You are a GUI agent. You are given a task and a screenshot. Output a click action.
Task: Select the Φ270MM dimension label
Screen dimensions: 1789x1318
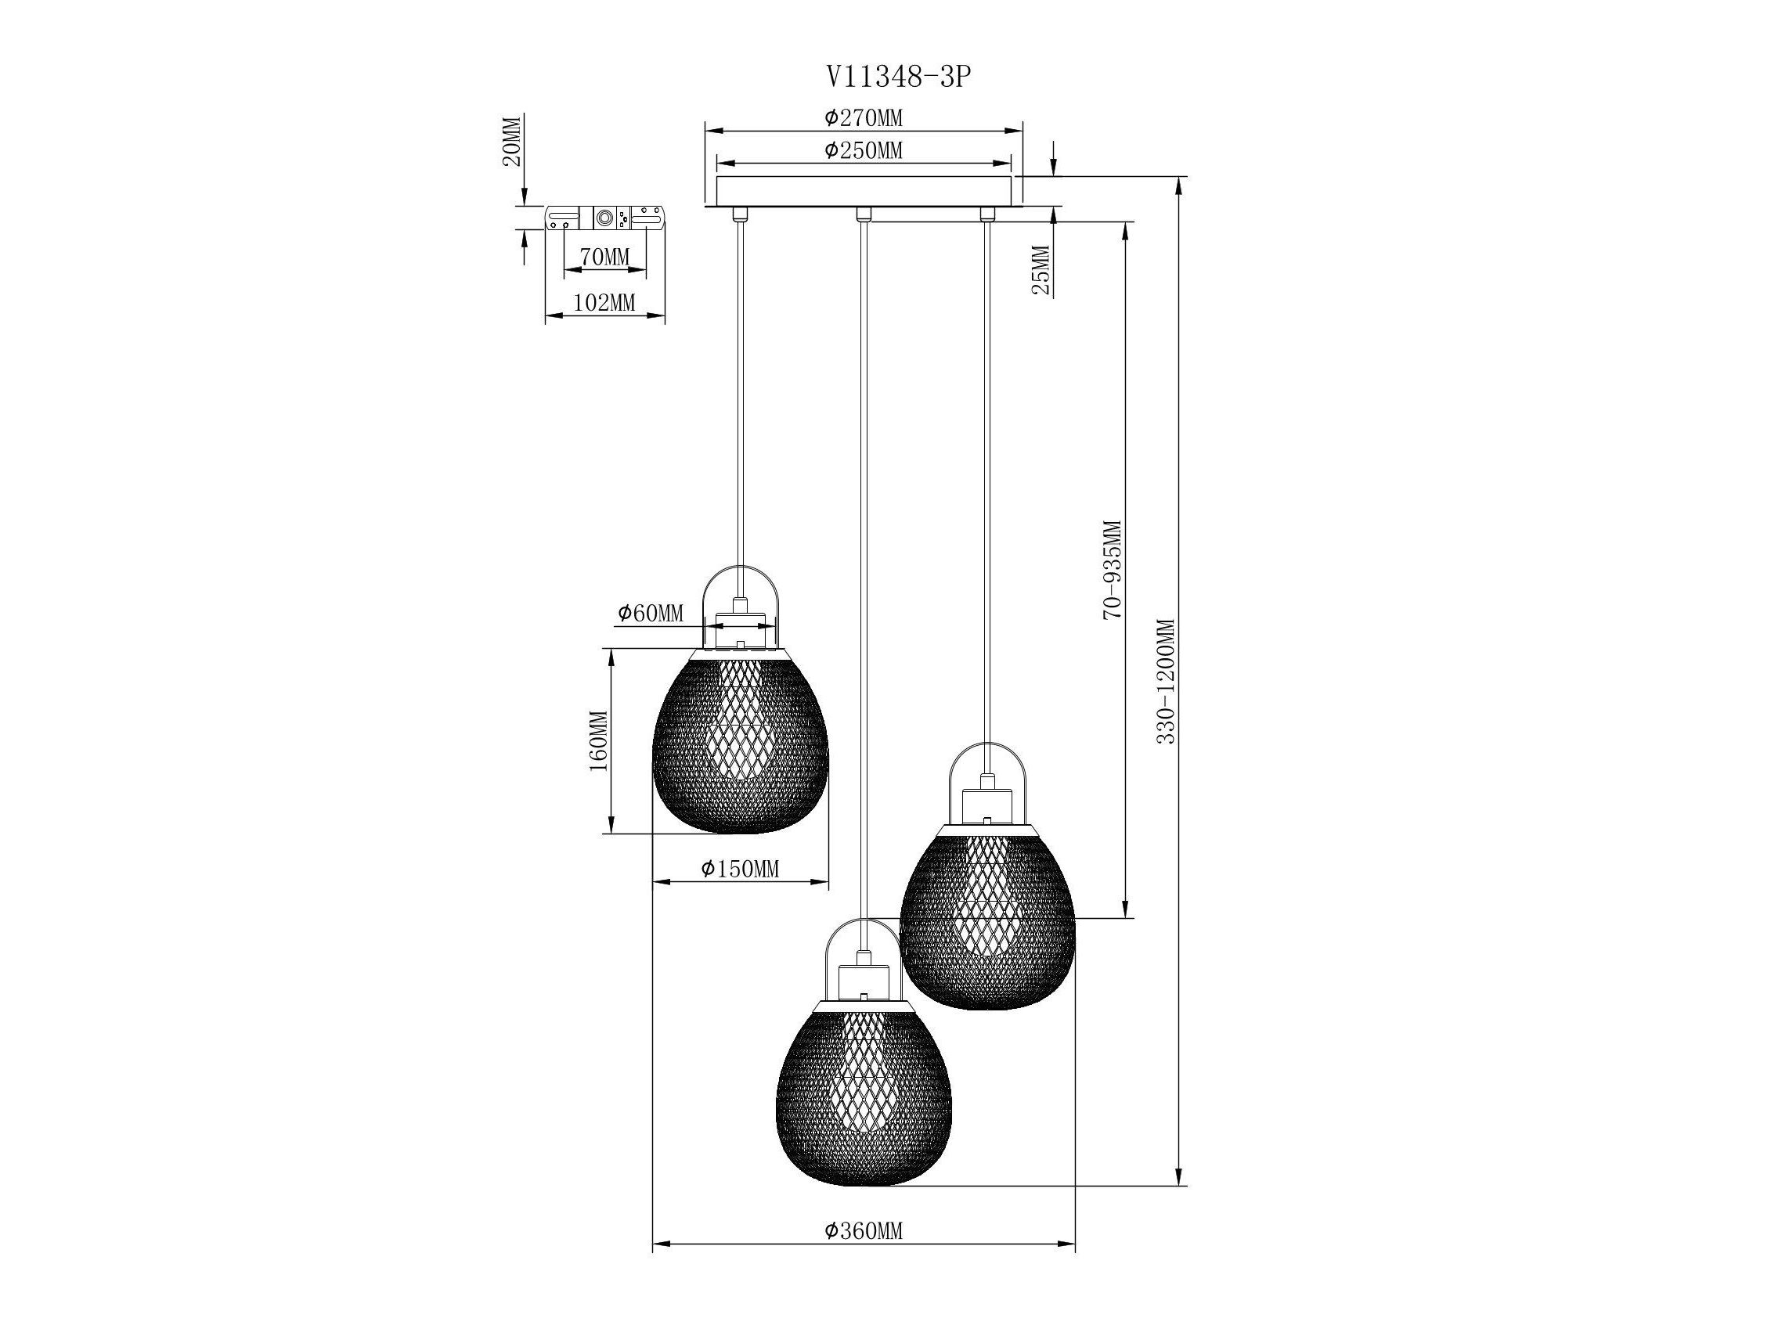pos(864,118)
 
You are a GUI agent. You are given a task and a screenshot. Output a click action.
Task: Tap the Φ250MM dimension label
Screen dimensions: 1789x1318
pos(864,150)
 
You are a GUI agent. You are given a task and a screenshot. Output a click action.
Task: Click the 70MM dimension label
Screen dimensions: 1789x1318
pos(605,257)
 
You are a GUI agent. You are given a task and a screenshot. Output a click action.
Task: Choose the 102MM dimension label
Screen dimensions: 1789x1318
pos(605,303)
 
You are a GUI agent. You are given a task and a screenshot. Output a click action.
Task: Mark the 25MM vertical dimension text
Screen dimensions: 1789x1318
pos(1041,270)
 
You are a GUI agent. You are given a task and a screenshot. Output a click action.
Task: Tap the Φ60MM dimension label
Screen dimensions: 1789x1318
pos(651,613)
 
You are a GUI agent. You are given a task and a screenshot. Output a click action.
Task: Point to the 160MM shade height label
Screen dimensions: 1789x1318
pos(598,740)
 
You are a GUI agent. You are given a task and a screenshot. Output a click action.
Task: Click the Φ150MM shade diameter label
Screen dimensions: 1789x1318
pos(740,869)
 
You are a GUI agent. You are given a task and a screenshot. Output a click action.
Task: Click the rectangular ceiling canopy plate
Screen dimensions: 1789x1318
pos(864,192)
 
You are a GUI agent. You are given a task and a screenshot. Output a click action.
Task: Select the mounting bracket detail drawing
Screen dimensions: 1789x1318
pos(604,218)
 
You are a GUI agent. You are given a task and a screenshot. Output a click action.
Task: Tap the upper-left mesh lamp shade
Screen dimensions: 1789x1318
pos(741,740)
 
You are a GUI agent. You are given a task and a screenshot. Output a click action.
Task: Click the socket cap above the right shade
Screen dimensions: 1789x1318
pos(987,806)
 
